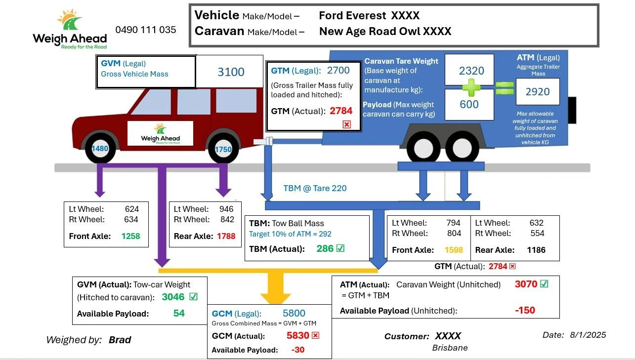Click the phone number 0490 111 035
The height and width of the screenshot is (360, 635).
146,30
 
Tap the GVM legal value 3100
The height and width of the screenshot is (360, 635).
231,72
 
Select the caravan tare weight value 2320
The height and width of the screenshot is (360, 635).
471,71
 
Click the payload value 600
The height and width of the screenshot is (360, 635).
469,104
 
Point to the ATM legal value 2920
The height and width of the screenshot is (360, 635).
538,92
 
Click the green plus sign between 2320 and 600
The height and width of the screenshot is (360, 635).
471,88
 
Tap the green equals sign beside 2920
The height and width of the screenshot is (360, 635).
505,88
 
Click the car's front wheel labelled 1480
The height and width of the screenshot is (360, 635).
99,148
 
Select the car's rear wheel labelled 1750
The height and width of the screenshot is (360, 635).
223,149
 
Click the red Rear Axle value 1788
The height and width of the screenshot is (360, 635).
226,236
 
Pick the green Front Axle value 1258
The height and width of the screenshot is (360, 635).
131,236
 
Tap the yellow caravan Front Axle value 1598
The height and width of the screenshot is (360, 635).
454,250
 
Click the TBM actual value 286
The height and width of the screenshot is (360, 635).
325,248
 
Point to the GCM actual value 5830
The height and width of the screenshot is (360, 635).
297,335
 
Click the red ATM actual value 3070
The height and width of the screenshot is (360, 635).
526,284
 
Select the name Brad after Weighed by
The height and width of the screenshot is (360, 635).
120,340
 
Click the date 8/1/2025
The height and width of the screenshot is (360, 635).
588,335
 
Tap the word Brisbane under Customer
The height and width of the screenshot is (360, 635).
450,348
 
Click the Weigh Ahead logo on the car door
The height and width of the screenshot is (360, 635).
160,133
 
